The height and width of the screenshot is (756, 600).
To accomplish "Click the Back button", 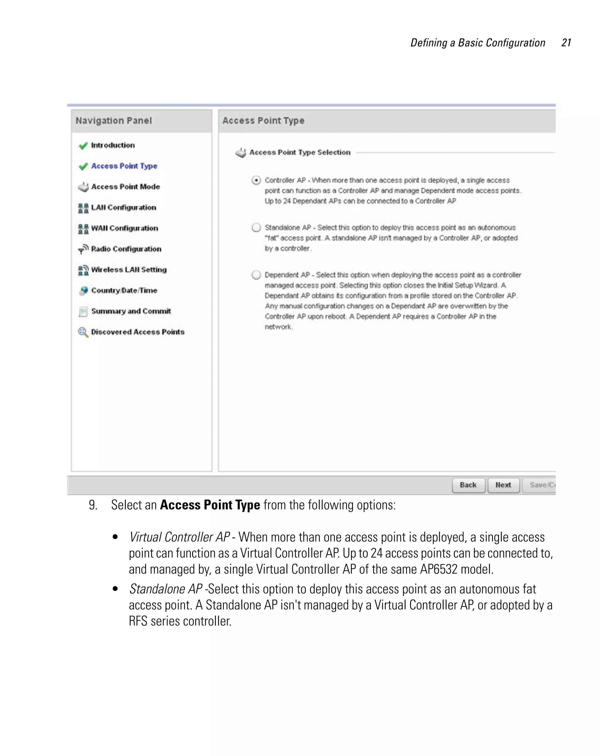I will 468,485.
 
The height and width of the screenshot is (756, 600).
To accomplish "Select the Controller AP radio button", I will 256,180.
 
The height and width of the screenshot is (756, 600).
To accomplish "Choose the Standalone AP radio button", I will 256,227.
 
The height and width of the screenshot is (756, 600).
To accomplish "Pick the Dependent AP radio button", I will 256,275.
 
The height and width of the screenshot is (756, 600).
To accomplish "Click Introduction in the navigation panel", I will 112,145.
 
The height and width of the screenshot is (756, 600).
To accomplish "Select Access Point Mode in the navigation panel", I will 125,186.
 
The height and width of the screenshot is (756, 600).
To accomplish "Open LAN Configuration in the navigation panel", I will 123,207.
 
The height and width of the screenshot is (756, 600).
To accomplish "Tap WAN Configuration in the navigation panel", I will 125,228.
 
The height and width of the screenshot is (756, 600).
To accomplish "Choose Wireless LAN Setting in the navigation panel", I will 129,269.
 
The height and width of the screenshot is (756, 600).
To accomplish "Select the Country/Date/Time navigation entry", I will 124,290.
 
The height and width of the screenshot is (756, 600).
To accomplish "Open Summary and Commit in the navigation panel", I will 131,311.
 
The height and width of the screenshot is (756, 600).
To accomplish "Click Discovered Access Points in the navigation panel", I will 137,332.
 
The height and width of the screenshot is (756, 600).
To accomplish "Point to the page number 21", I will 566,43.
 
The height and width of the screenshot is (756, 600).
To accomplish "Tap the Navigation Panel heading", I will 114,120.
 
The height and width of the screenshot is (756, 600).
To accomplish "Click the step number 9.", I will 93,505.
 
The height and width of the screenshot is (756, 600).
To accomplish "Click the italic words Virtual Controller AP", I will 179,537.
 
